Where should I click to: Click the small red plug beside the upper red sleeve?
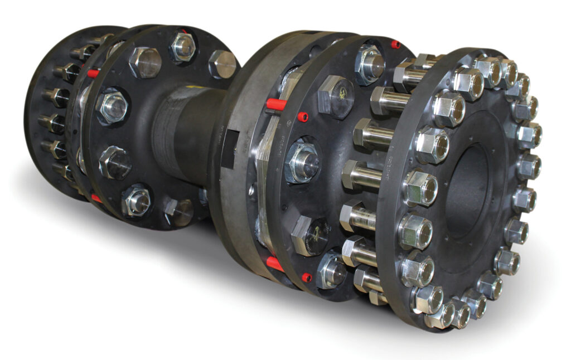(303, 116)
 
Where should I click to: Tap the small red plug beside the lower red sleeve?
(306, 276)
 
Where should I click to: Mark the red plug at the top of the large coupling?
(395, 44)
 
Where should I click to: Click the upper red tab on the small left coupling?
(93, 73)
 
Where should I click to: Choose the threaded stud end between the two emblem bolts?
(302, 162)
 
